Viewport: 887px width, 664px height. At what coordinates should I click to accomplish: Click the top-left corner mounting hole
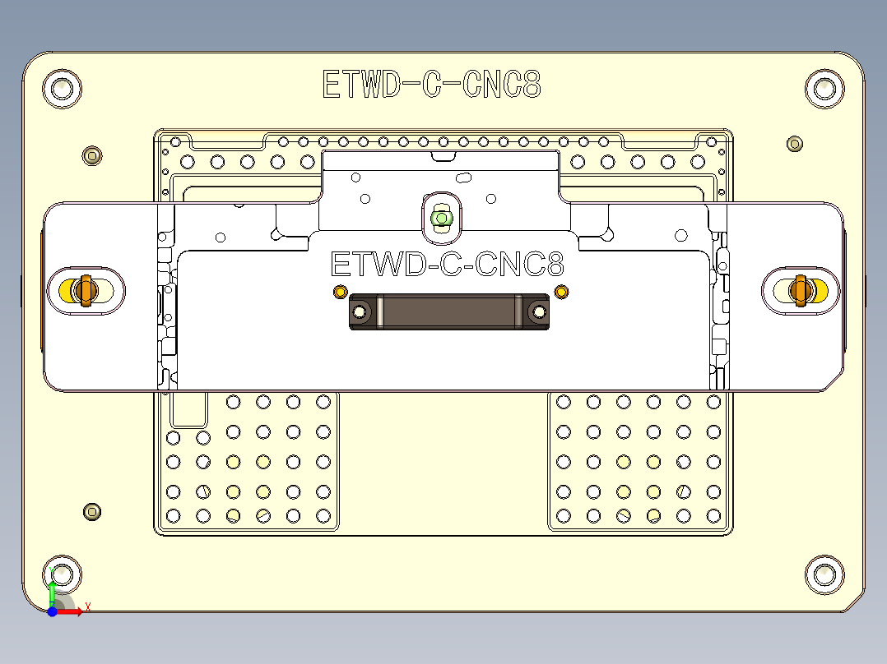[63, 88]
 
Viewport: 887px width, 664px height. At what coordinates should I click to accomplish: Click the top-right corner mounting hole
[824, 88]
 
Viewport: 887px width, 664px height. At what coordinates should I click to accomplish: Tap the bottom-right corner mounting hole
[824, 574]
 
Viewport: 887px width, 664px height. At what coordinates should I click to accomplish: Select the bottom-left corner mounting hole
[63, 574]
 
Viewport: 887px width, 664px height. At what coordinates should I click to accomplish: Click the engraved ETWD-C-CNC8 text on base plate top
[431, 85]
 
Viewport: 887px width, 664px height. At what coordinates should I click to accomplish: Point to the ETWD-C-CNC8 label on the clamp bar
[447, 265]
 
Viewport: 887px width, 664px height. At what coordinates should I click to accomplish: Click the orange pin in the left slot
[83, 290]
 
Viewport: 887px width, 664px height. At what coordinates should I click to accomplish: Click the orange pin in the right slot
[799, 290]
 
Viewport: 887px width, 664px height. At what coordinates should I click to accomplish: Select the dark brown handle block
[449, 312]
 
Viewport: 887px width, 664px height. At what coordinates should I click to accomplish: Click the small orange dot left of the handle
[339, 292]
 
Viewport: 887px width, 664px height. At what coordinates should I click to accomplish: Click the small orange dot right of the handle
[561, 292]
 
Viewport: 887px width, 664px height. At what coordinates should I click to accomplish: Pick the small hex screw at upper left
[93, 155]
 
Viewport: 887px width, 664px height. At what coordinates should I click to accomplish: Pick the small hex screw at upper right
[794, 144]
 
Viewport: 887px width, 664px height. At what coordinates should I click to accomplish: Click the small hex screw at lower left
[93, 512]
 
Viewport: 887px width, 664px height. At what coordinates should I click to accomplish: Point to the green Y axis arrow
[52, 591]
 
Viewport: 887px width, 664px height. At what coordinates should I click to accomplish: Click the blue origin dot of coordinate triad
[52, 611]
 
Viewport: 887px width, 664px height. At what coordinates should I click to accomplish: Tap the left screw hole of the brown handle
[360, 312]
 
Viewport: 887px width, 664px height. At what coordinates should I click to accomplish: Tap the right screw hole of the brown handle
[539, 312]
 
